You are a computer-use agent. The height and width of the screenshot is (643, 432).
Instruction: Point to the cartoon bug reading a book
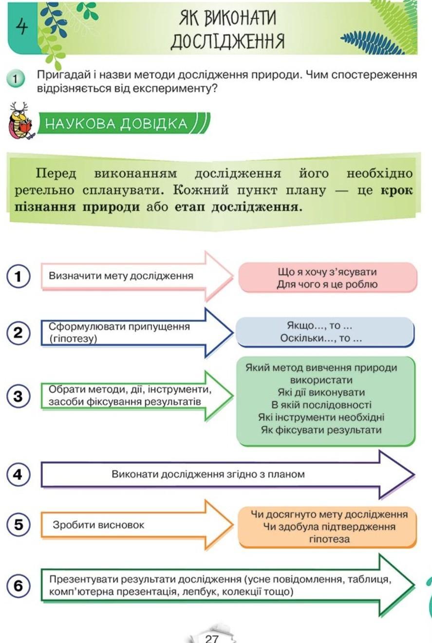[21, 124]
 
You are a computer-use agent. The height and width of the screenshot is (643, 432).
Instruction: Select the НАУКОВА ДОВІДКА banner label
[117, 124]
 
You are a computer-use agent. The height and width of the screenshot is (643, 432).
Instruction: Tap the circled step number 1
[19, 276]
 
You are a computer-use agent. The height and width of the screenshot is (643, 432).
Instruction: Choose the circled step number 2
[19, 334]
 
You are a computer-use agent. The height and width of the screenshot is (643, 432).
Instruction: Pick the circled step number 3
[19, 396]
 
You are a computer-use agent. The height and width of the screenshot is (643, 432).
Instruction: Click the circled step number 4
[19, 474]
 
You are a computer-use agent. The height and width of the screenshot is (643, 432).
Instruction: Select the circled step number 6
[19, 586]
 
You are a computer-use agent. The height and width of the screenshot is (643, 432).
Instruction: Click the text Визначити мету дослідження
[121, 276]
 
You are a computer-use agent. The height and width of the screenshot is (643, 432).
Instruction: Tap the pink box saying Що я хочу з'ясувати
[327, 278]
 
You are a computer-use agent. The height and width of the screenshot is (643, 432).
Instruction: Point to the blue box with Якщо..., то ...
[324, 332]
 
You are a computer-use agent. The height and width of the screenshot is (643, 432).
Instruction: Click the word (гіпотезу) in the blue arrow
[73, 339]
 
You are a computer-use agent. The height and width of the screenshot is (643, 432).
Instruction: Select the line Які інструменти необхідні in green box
[321, 418]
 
